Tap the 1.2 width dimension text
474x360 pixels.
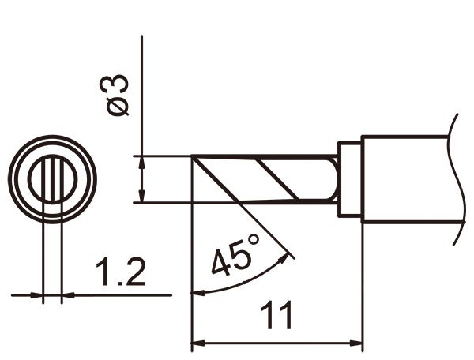(121, 274)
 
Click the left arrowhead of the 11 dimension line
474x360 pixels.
(198, 343)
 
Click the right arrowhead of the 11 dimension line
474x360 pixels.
(357, 343)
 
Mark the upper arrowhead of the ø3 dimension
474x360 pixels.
(141, 161)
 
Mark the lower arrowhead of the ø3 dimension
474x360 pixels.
(141, 197)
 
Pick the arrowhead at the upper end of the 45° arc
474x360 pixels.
(289, 254)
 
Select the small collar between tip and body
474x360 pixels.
(349, 179)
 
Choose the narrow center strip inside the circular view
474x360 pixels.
(52, 179)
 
